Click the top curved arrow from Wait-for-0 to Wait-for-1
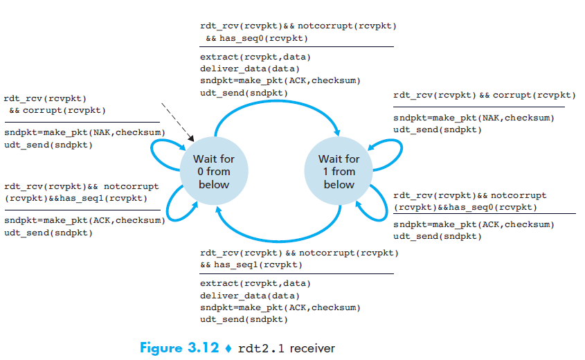tap(277, 105)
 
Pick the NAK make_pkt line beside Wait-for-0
tap(84, 132)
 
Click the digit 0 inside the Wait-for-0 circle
tap(195, 172)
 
